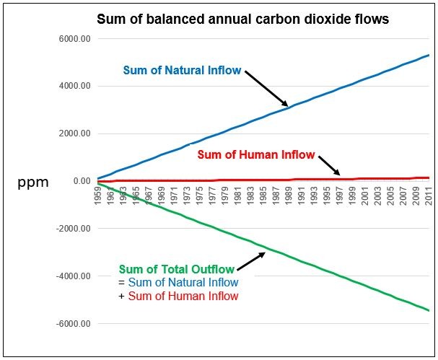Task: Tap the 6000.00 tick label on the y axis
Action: pos(74,39)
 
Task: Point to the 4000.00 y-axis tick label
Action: pos(74,87)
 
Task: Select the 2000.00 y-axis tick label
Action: pos(74,134)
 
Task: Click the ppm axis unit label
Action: pos(33,183)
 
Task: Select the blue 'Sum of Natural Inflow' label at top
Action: pos(182,71)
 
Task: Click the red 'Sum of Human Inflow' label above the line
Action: pos(255,154)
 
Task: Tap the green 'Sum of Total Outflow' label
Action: pos(177,270)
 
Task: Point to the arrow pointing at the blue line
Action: pos(267,89)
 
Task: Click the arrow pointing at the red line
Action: pos(329,165)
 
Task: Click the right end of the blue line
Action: pos(429,55)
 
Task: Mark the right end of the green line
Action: pos(429,310)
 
